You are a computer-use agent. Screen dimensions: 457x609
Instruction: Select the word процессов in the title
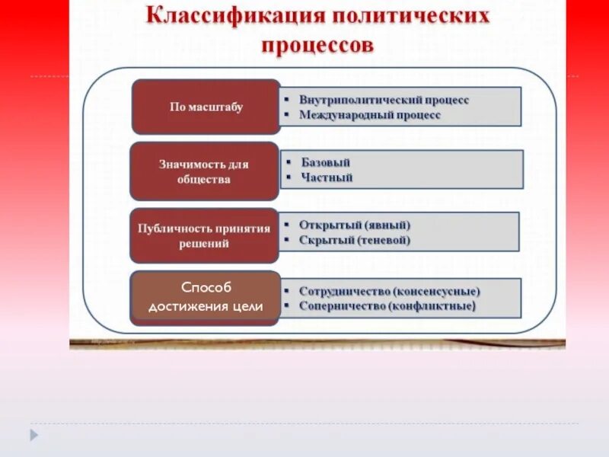tap(317, 46)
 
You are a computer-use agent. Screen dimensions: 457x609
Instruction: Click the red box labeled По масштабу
tap(206, 107)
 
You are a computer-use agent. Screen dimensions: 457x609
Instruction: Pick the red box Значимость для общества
tap(204, 171)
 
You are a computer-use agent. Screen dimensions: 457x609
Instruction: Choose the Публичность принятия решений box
tap(203, 236)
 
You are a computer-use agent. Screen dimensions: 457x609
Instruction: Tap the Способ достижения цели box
tap(206, 297)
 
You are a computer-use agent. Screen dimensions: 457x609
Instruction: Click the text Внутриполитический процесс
tap(384, 100)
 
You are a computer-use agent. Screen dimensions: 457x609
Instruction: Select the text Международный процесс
tap(370, 116)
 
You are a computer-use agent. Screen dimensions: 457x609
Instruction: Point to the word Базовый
tap(326, 162)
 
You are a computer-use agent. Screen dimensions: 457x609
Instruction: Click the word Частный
tap(327, 178)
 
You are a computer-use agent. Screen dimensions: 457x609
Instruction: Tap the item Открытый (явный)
tap(355, 225)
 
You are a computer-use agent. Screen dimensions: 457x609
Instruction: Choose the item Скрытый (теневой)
tap(355, 240)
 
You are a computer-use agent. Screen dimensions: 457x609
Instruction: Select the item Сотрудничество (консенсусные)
tap(389, 291)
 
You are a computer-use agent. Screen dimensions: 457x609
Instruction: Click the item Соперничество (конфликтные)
tap(387, 306)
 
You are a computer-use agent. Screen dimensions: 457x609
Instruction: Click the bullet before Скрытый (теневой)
tap(287, 241)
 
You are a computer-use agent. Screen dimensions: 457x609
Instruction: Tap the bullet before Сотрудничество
tap(287, 292)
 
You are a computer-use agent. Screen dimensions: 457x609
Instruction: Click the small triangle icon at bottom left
tap(34, 435)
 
